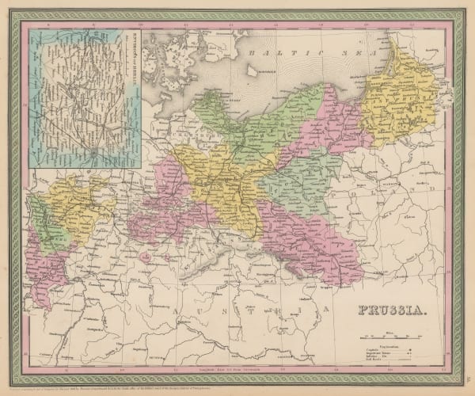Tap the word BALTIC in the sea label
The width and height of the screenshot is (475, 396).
click(x=269, y=51)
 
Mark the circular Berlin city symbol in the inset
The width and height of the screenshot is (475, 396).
click(x=94, y=150)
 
